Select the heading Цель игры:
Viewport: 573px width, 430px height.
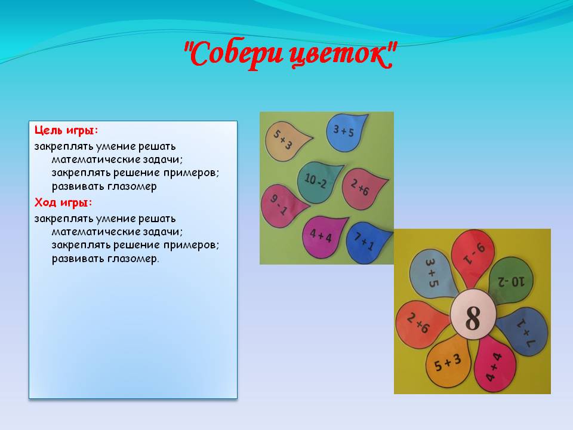[66, 131]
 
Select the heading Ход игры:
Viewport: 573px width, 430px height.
[63, 202]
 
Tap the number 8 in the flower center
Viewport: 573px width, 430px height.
[473, 318]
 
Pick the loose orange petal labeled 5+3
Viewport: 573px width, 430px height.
[286, 140]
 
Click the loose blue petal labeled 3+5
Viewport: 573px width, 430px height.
[344, 131]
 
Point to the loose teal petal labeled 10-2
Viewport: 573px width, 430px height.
[318, 182]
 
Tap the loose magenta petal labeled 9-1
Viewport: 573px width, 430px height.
[282, 207]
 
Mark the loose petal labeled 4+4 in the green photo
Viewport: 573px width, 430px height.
[322, 236]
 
